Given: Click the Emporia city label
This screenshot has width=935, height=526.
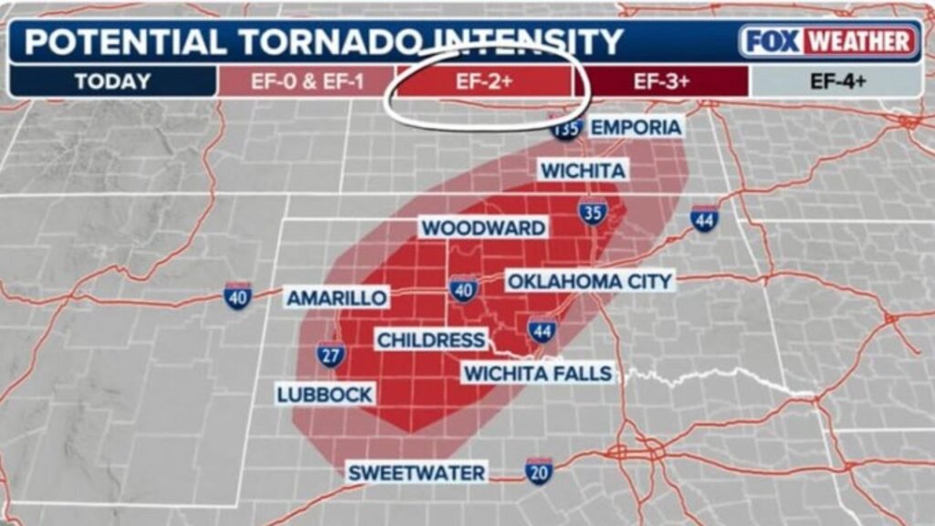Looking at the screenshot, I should tap(636, 127).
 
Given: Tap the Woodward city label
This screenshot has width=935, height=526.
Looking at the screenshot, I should tap(484, 227).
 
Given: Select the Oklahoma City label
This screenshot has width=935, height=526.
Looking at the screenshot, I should tap(590, 280).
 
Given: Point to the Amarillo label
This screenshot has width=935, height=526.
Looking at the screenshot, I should tap(337, 298).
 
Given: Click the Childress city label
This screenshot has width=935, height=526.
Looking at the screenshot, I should tap(431, 341).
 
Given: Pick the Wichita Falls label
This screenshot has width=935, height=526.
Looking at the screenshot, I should tap(538, 373).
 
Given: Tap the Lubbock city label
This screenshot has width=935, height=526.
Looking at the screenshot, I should tap(325, 394).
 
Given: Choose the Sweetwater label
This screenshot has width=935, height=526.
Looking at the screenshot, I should tap(416, 472).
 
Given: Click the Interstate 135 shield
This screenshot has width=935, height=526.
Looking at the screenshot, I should tap(565, 129).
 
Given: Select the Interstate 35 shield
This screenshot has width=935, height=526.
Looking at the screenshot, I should tap(591, 213).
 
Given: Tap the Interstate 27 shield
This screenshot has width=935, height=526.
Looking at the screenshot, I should tap(331, 353).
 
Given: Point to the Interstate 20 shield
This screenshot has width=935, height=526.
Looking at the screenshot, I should tap(539, 470).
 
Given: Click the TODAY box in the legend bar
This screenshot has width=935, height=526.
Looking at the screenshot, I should tap(112, 81).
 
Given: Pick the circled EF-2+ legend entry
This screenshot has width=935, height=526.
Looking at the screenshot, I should tap(484, 81).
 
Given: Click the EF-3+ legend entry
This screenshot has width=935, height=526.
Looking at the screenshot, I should tap(662, 81).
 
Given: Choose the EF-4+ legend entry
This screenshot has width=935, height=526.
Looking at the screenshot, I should tap(837, 81).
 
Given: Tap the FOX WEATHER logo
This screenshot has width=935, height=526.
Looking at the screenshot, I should tap(828, 41).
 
